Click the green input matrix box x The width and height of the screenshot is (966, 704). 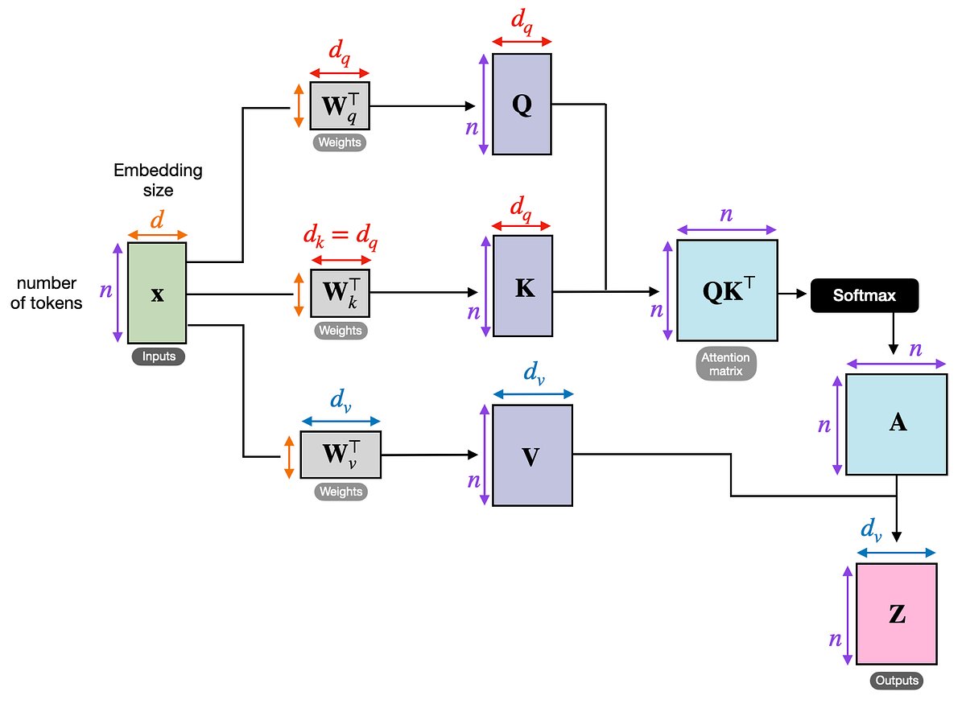point(157,293)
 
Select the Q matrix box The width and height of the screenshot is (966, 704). point(522,105)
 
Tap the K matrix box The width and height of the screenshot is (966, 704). point(523,286)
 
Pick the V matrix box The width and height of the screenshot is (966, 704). point(531,455)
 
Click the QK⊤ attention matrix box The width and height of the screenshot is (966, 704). point(727,290)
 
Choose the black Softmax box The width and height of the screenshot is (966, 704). point(864,295)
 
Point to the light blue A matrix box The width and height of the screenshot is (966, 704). point(896,424)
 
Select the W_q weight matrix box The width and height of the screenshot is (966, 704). point(340,105)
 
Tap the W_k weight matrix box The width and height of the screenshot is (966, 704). point(341,293)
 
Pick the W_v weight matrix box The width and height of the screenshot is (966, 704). point(340,455)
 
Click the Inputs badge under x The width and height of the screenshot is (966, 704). point(158,356)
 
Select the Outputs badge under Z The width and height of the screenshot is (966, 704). point(895,681)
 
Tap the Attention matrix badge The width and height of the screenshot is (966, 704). point(726,364)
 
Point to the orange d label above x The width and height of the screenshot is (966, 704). point(157,220)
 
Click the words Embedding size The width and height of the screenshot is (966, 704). point(158,181)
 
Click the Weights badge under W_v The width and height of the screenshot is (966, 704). point(341,492)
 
